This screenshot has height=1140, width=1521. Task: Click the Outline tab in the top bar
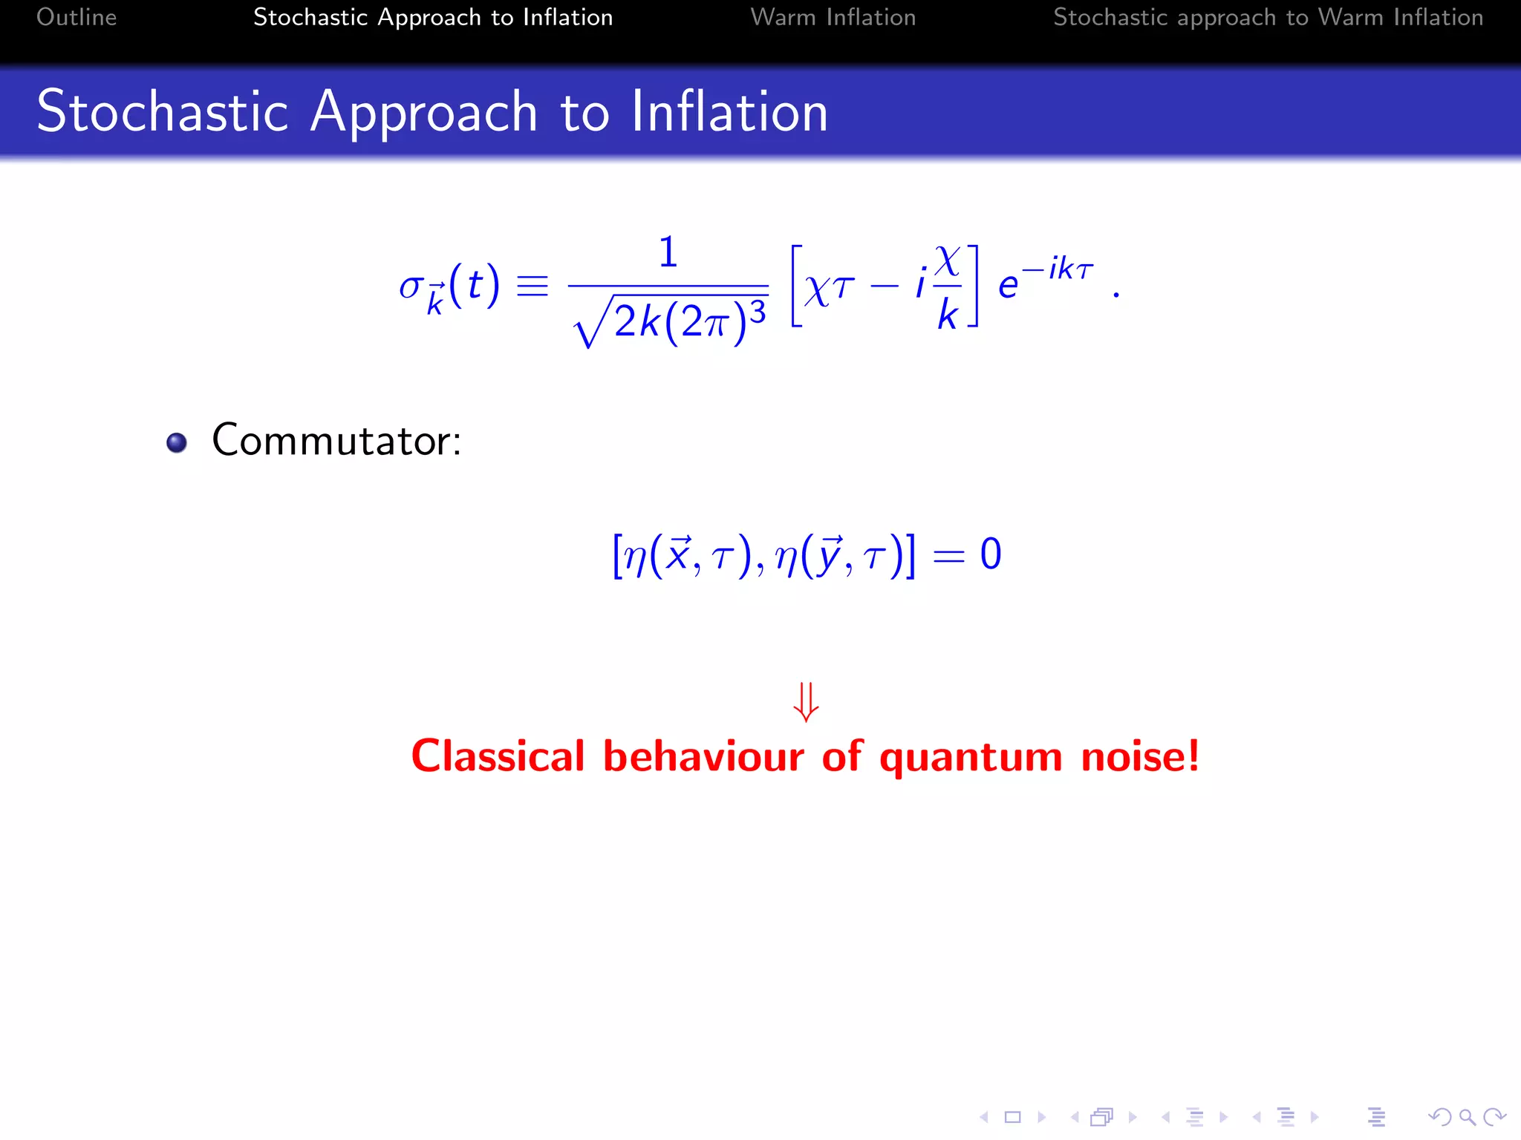(x=76, y=17)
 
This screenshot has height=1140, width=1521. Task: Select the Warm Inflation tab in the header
(x=833, y=17)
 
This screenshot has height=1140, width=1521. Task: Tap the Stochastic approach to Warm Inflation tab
(x=1268, y=17)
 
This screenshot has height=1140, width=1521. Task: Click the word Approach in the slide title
(x=423, y=112)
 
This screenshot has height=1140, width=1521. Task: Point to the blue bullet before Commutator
(x=177, y=442)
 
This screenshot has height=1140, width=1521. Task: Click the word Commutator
(x=336, y=440)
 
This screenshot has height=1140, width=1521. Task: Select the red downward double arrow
(x=806, y=701)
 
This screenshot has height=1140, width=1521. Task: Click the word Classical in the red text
(x=498, y=756)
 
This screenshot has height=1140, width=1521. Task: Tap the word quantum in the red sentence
(x=971, y=758)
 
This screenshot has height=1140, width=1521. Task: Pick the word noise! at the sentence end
(x=1140, y=756)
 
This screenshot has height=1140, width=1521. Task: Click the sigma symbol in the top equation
(x=410, y=286)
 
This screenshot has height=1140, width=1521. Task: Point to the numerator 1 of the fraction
(x=668, y=252)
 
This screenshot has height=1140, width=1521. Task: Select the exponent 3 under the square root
(x=757, y=312)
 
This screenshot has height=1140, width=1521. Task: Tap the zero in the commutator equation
(x=990, y=554)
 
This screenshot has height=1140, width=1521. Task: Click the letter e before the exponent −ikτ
(x=1007, y=286)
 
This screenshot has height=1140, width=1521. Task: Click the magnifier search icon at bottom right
(x=1467, y=1116)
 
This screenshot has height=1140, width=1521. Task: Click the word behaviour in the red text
(x=703, y=756)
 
